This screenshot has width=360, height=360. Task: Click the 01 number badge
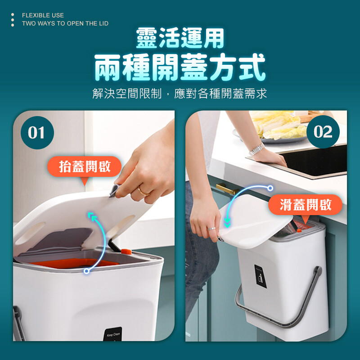pos(37,133)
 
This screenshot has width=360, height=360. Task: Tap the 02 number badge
pos(323,132)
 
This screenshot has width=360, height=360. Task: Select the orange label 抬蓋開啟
pos(84,166)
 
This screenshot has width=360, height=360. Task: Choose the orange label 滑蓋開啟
pos(305,205)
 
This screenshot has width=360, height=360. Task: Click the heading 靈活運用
pos(180,38)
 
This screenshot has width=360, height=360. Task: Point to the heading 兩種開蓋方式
pos(180,67)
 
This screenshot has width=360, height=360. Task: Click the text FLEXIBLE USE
pos(43,15)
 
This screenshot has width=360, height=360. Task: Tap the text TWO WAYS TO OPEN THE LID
pos(65,23)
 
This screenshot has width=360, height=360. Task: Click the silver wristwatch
pos(256,149)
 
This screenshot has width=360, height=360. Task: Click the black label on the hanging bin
pos(261,276)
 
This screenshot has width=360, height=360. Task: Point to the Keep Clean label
pos(113,334)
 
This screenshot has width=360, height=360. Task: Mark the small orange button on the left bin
pos(126,252)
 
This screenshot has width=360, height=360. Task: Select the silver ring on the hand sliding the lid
pos(211,229)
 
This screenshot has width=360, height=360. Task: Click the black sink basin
pos(315,161)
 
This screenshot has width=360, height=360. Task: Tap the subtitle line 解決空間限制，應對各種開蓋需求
pos(180,94)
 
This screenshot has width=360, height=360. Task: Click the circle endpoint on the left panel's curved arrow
pos(86,271)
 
